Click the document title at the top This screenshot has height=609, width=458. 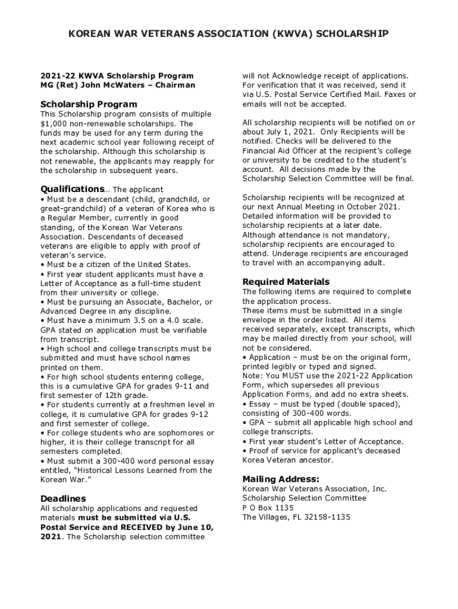(228, 34)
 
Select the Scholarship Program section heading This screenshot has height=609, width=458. (89, 104)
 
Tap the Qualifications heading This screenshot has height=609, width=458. (67, 189)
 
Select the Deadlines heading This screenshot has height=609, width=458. (63, 498)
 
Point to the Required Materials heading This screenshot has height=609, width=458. (286, 281)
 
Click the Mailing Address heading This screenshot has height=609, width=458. (281, 479)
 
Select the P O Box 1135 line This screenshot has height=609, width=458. (268, 507)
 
